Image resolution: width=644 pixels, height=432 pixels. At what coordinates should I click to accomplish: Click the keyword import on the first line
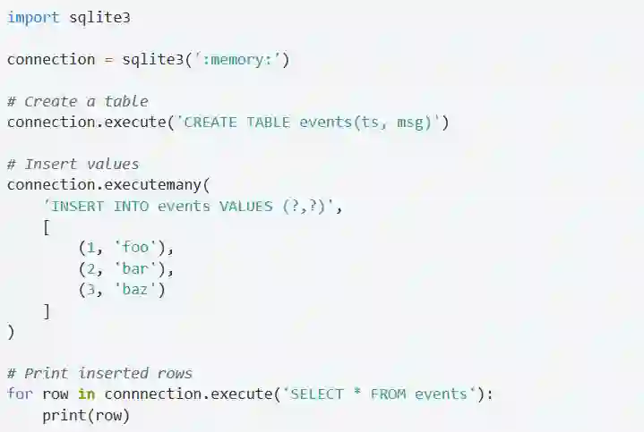click(33, 17)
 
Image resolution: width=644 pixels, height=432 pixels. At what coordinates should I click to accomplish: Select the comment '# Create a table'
click(77, 101)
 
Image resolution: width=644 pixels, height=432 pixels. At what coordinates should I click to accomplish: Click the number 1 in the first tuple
click(91, 248)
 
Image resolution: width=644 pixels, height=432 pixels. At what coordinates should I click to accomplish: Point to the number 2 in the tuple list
click(91, 268)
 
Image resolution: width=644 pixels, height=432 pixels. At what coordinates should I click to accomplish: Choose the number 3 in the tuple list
click(91, 290)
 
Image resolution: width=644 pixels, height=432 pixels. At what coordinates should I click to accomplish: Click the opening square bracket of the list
click(47, 227)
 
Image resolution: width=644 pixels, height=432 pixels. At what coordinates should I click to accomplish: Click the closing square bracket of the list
click(47, 310)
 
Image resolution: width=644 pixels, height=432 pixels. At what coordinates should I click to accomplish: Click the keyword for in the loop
click(20, 394)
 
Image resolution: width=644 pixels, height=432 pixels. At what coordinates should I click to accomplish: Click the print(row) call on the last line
click(86, 415)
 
